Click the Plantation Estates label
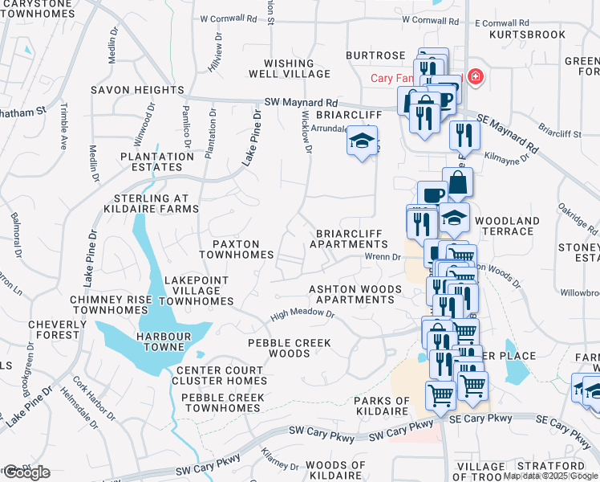tap(152, 161)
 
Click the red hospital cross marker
tap(475, 76)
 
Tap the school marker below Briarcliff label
tap(362, 142)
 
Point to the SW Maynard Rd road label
tap(301, 104)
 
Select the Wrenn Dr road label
tap(383, 257)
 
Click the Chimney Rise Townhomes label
tap(111, 304)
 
